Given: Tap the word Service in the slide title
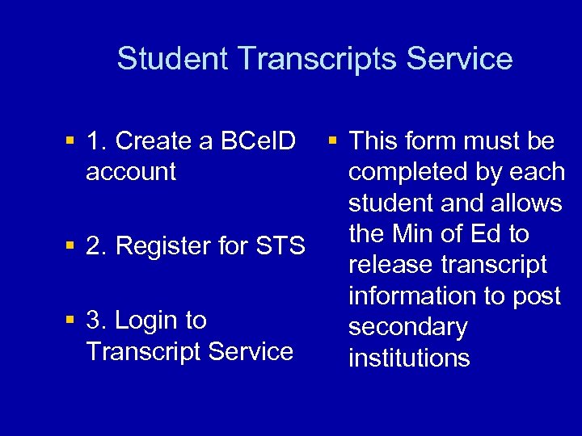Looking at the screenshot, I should point(460,59).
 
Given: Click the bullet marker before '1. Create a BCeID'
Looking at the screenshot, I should point(70,142).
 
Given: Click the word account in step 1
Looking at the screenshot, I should point(131,171).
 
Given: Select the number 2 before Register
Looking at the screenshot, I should point(95,245).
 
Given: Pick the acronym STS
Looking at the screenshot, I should point(280,245).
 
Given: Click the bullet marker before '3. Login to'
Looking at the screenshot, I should point(70,321).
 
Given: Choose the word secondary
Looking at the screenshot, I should point(408,327).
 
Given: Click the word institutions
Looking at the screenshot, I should point(409,358).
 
